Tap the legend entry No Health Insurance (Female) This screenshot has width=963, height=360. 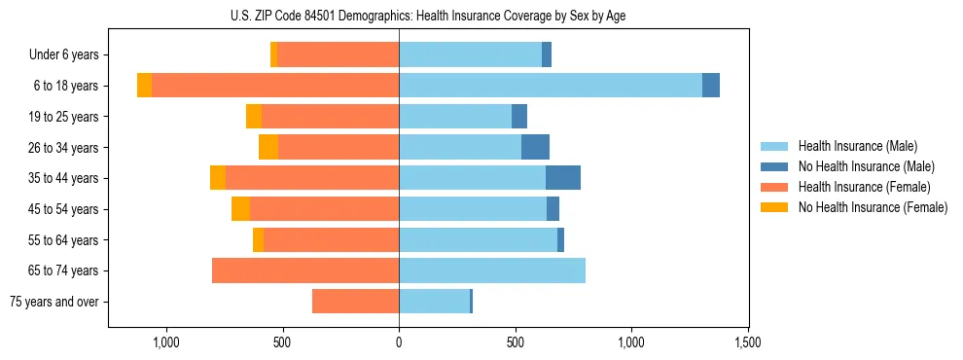873,207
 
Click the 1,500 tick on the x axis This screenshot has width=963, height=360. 748,342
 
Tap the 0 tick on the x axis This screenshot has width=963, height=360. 399,342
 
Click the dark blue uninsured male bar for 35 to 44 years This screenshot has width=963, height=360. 563,178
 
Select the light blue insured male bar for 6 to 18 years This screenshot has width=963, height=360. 550,86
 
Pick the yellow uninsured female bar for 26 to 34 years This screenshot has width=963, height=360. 268,147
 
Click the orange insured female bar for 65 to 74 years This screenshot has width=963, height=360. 305,270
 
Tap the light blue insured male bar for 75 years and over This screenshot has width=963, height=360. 434,302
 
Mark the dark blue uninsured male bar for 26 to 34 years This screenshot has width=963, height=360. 535,147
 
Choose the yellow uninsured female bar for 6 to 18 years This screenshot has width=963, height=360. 144,86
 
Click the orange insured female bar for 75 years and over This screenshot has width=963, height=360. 355,302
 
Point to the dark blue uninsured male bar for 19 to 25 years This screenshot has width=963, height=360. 519,117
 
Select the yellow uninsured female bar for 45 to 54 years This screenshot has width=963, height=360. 240,209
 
